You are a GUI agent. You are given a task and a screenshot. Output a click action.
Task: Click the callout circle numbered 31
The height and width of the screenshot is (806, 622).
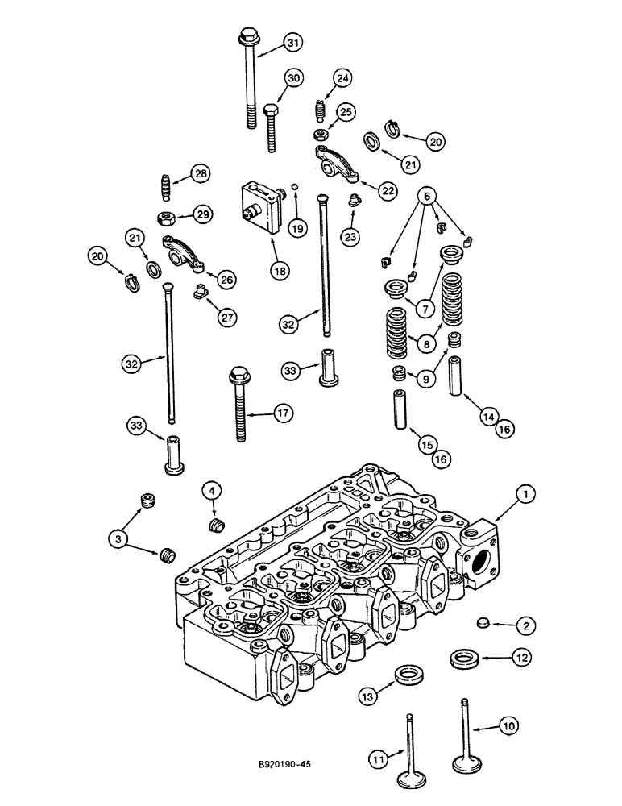point(292,44)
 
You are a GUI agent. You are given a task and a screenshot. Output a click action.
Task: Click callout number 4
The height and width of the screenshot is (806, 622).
point(212,490)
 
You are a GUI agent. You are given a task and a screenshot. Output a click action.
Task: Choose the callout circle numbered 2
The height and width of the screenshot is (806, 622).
point(524,625)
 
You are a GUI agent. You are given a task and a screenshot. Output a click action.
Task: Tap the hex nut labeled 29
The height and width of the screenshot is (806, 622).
point(168,216)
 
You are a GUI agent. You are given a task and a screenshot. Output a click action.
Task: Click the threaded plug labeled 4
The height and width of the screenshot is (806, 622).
point(214,527)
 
